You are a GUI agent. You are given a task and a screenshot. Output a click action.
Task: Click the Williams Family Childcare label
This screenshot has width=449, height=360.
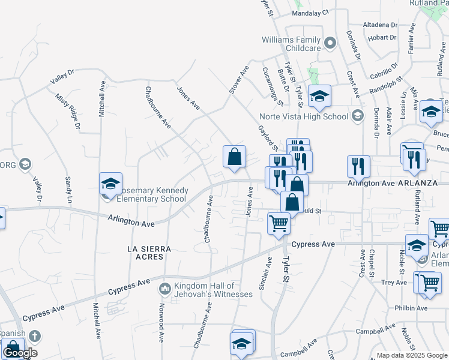tap(291, 44)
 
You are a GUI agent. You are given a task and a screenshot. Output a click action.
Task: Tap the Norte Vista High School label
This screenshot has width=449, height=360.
tap(303, 116)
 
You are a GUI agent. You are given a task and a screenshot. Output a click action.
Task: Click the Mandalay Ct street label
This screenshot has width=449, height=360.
tap(310, 12)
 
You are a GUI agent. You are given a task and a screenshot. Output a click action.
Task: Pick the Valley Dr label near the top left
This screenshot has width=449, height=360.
tap(62, 76)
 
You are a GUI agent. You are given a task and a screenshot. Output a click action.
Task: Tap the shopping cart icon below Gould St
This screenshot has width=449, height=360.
tap(279, 223)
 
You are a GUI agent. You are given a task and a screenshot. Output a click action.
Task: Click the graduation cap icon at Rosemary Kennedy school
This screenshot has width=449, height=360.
tap(110, 184)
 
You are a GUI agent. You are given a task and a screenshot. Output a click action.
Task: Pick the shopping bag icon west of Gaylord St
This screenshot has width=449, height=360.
tap(235, 157)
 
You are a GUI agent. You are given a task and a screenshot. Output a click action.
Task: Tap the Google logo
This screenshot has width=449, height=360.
tap(20, 353)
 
